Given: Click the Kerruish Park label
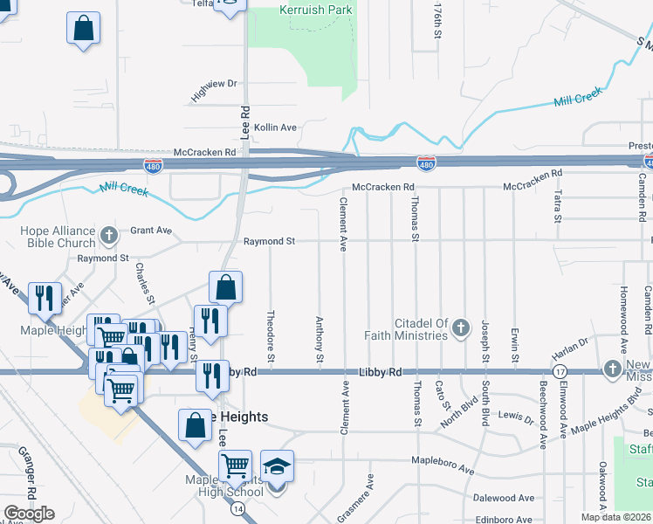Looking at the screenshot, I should click(x=315, y=10).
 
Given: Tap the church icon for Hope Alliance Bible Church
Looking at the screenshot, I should click(x=108, y=234).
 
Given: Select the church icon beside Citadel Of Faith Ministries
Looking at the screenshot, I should click(x=460, y=329).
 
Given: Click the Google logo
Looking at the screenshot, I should click(x=30, y=513).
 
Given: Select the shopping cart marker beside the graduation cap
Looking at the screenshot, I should click(x=235, y=467).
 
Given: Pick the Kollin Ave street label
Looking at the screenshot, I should click(x=275, y=128).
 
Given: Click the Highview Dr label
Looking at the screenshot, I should click(x=214, y=84).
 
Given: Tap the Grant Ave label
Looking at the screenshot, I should click(x=151, y=231).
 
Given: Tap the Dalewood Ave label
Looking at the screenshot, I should click(x=501, y=498).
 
